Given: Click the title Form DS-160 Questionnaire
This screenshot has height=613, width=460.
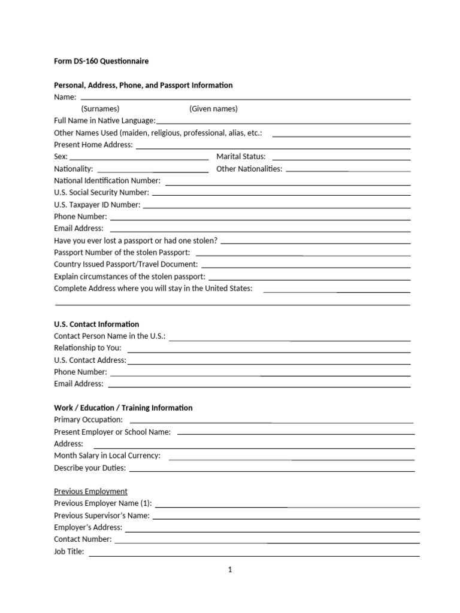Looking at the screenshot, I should [x=101, y=61].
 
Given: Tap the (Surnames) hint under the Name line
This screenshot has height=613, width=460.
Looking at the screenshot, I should [x=100, y=108].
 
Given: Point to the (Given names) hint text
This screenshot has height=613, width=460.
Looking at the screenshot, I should [x=213, y=108].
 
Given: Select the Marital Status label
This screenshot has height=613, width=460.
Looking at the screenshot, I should [x=241, y=156].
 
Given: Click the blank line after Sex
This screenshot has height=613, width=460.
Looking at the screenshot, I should [x=139, y=159].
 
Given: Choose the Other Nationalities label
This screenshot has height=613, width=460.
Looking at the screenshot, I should [x=249, y=168].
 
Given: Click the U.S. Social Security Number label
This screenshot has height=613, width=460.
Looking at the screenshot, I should [x=101, y=192].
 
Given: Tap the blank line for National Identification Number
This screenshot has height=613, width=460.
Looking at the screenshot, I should [x=287, y=183].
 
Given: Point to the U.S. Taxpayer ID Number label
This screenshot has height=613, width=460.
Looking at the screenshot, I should [x=97, y=204].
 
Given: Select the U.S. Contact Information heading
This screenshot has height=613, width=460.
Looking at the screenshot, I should [x=96, y=324].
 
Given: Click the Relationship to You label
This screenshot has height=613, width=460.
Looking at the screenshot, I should [x=87, y=348].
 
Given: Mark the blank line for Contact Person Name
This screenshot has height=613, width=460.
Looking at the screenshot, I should [x=290, y=339].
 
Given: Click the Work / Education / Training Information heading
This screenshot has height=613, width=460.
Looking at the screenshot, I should [x=123, y=408].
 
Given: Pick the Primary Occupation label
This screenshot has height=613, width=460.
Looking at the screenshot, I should [x=88, y=420].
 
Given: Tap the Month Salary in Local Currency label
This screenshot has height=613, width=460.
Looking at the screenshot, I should [x=107, y=456].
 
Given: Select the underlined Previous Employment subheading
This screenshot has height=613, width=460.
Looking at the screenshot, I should [x=90, y=491].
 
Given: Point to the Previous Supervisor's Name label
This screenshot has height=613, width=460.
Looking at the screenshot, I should [x=102, y=515].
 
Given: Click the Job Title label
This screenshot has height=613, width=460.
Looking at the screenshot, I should [x=69, y=551].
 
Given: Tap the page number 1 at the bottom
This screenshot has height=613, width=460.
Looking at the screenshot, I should [x=229, y=570].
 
